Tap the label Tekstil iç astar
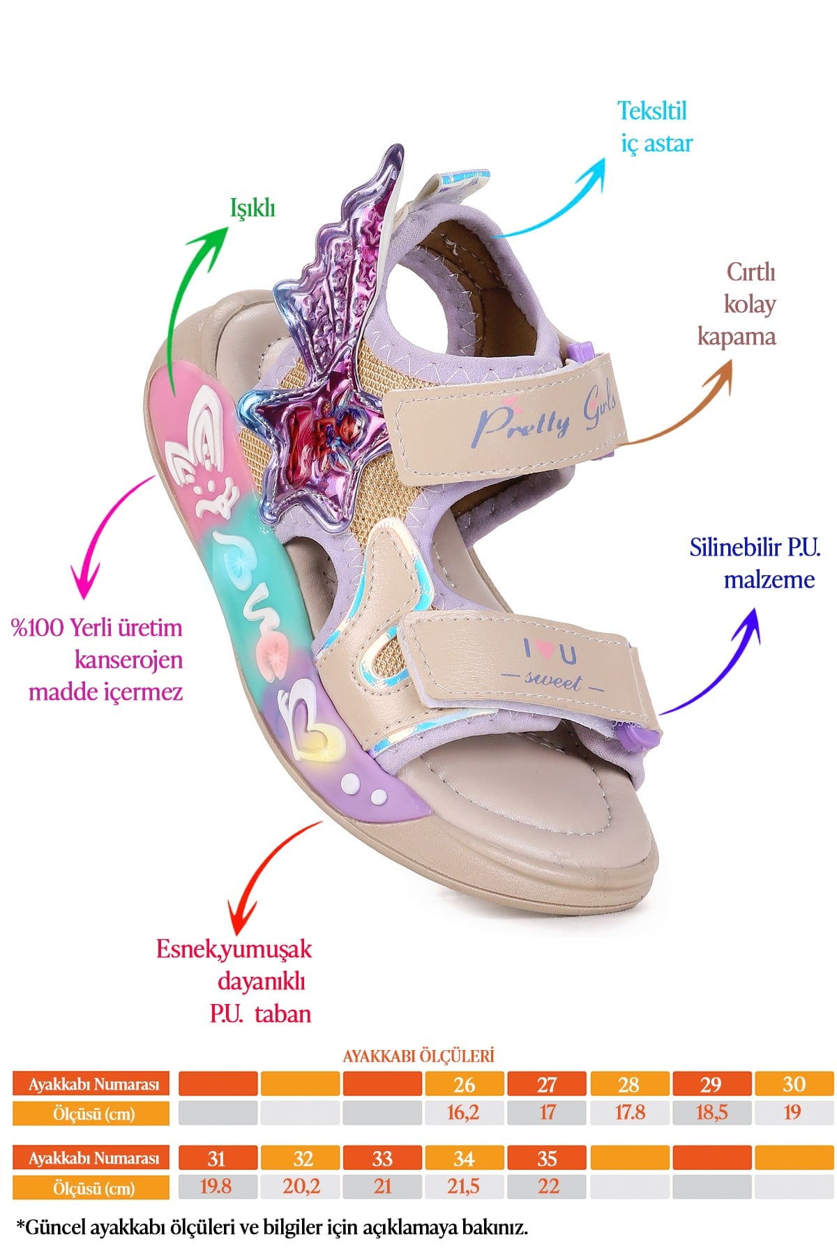[655, 127]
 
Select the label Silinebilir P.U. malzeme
[755, 563]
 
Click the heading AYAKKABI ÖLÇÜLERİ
[418, 1056]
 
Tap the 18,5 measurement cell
[711, 1113]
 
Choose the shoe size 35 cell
[547, 1159]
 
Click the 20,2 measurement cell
[301, 1187]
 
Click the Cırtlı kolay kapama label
[737, 304]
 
